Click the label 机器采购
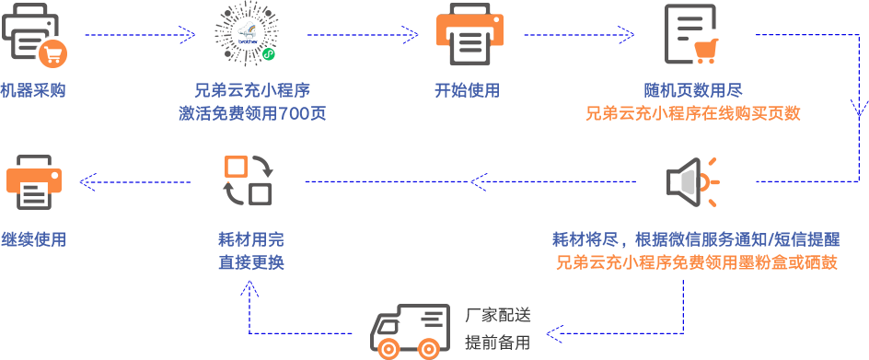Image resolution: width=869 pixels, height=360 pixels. click(x=33, y=91)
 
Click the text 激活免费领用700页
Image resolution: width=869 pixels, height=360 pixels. click(x=251, y=114)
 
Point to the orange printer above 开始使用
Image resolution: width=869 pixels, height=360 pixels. click(x=469, y=36)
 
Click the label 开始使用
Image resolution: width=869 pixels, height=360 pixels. click(x=467, y=91)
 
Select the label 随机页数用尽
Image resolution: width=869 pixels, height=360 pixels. click(x=692, y=91)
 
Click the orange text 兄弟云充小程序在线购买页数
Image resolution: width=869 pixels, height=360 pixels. click(x=692, y=114)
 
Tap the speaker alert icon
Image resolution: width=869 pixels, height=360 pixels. click(x=691, y=180)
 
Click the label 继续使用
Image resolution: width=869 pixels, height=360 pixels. click(x=33, y=239)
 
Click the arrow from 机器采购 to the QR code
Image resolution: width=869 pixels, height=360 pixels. click(x=138, y=36)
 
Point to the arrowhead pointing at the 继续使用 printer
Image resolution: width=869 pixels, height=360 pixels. click(x=86, y=181)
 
